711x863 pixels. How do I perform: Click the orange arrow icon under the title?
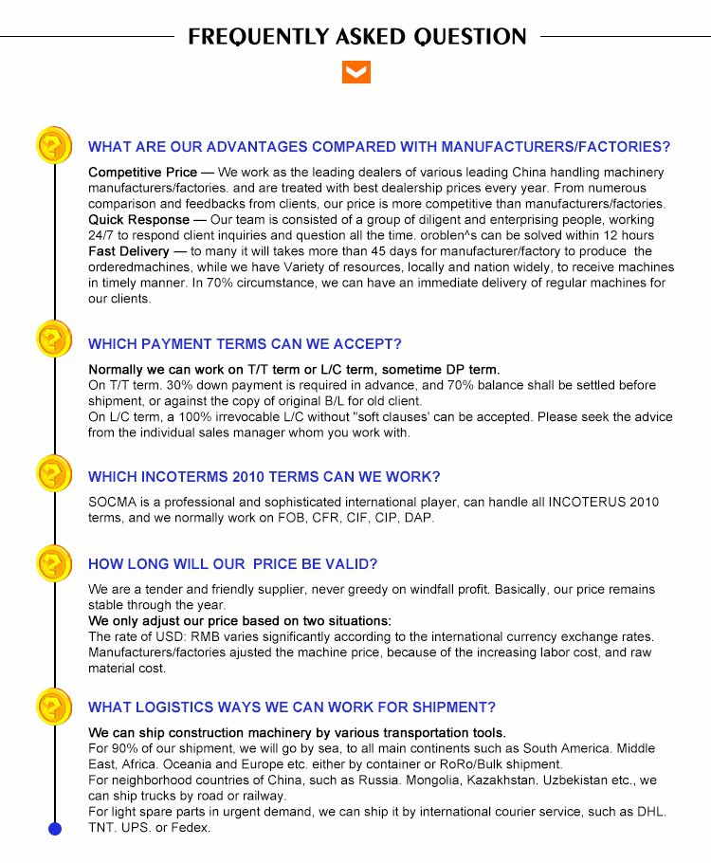[x=355, y=73]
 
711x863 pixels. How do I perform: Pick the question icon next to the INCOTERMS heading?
[x=54, y=473]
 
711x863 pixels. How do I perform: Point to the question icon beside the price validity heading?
[x=54, y=562]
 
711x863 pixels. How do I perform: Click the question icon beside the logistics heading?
[x=54, y=707]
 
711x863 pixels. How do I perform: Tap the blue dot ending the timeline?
[x=54, y=830]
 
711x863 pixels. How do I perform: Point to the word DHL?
[x=650, y=812]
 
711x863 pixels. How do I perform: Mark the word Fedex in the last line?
[x=191, y=828]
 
